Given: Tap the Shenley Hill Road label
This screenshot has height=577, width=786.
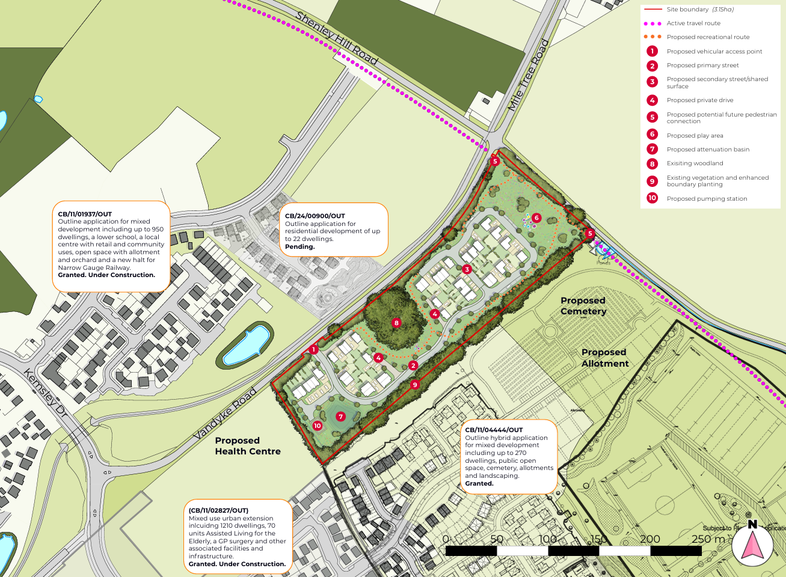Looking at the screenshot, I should point(337,38).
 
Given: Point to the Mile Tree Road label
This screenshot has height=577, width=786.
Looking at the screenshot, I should point(528,75).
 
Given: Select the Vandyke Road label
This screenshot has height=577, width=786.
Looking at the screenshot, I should point(225,414).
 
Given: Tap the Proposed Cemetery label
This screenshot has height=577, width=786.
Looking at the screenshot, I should point(583,306).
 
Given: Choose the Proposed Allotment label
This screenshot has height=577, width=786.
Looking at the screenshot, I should point(604,358).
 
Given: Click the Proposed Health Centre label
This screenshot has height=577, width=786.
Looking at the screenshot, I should point(248,446).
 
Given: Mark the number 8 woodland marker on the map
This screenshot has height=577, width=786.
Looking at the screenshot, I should point(396,323).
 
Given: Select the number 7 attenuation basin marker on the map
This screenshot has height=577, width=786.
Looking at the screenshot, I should point(341,417).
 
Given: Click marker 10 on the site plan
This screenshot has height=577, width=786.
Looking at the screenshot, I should point(317,426).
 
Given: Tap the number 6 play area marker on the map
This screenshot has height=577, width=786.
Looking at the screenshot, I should point(536,218).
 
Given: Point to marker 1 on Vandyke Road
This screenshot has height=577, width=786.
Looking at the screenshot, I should point(313,349).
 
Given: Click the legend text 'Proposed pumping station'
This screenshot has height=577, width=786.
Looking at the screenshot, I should point(707,198).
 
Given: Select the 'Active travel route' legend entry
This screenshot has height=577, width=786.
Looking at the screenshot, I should point(693,23).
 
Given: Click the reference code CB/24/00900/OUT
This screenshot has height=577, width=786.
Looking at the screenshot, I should point(315,216).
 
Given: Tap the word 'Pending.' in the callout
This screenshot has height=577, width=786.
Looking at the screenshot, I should point(300,246).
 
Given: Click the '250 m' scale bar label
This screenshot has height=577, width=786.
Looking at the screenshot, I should point(708,539).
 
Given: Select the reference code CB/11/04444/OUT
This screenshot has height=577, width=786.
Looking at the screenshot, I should point(494,430).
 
